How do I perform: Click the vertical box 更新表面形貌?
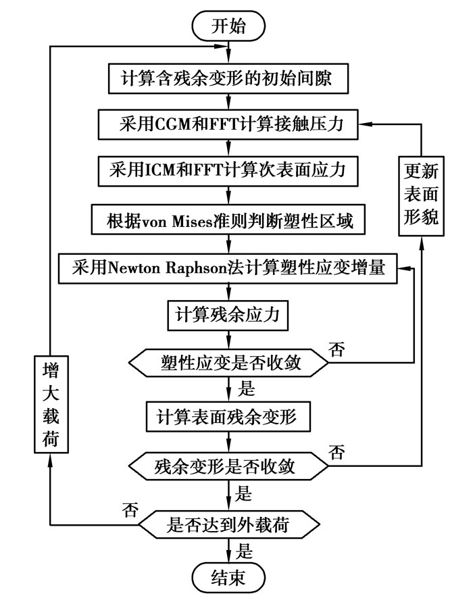pos(421,195)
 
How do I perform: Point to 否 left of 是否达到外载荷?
pos(128,507)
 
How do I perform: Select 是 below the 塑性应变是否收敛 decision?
pos(244,390)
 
